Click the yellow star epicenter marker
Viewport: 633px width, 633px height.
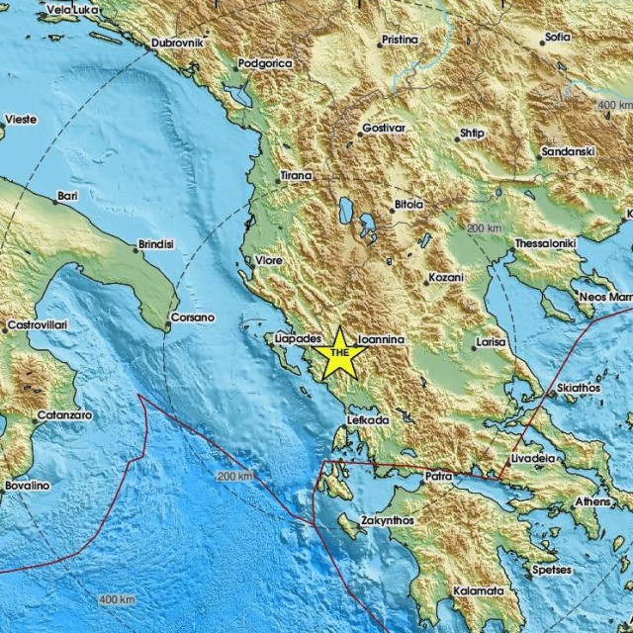(340, 353)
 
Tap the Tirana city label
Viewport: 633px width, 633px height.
(296, 176)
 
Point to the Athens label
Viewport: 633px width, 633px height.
(593, 501)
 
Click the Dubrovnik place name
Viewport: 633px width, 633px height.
(177, 43)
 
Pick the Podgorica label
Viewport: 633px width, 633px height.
(266, 63)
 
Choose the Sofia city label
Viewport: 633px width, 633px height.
(556, 40)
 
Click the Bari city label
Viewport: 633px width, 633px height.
(67, 197)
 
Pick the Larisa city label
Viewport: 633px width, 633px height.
(491, 342)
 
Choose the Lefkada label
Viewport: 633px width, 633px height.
(367, 420)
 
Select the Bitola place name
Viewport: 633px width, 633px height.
(408, 205)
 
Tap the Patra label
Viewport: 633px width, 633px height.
(438, 476)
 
